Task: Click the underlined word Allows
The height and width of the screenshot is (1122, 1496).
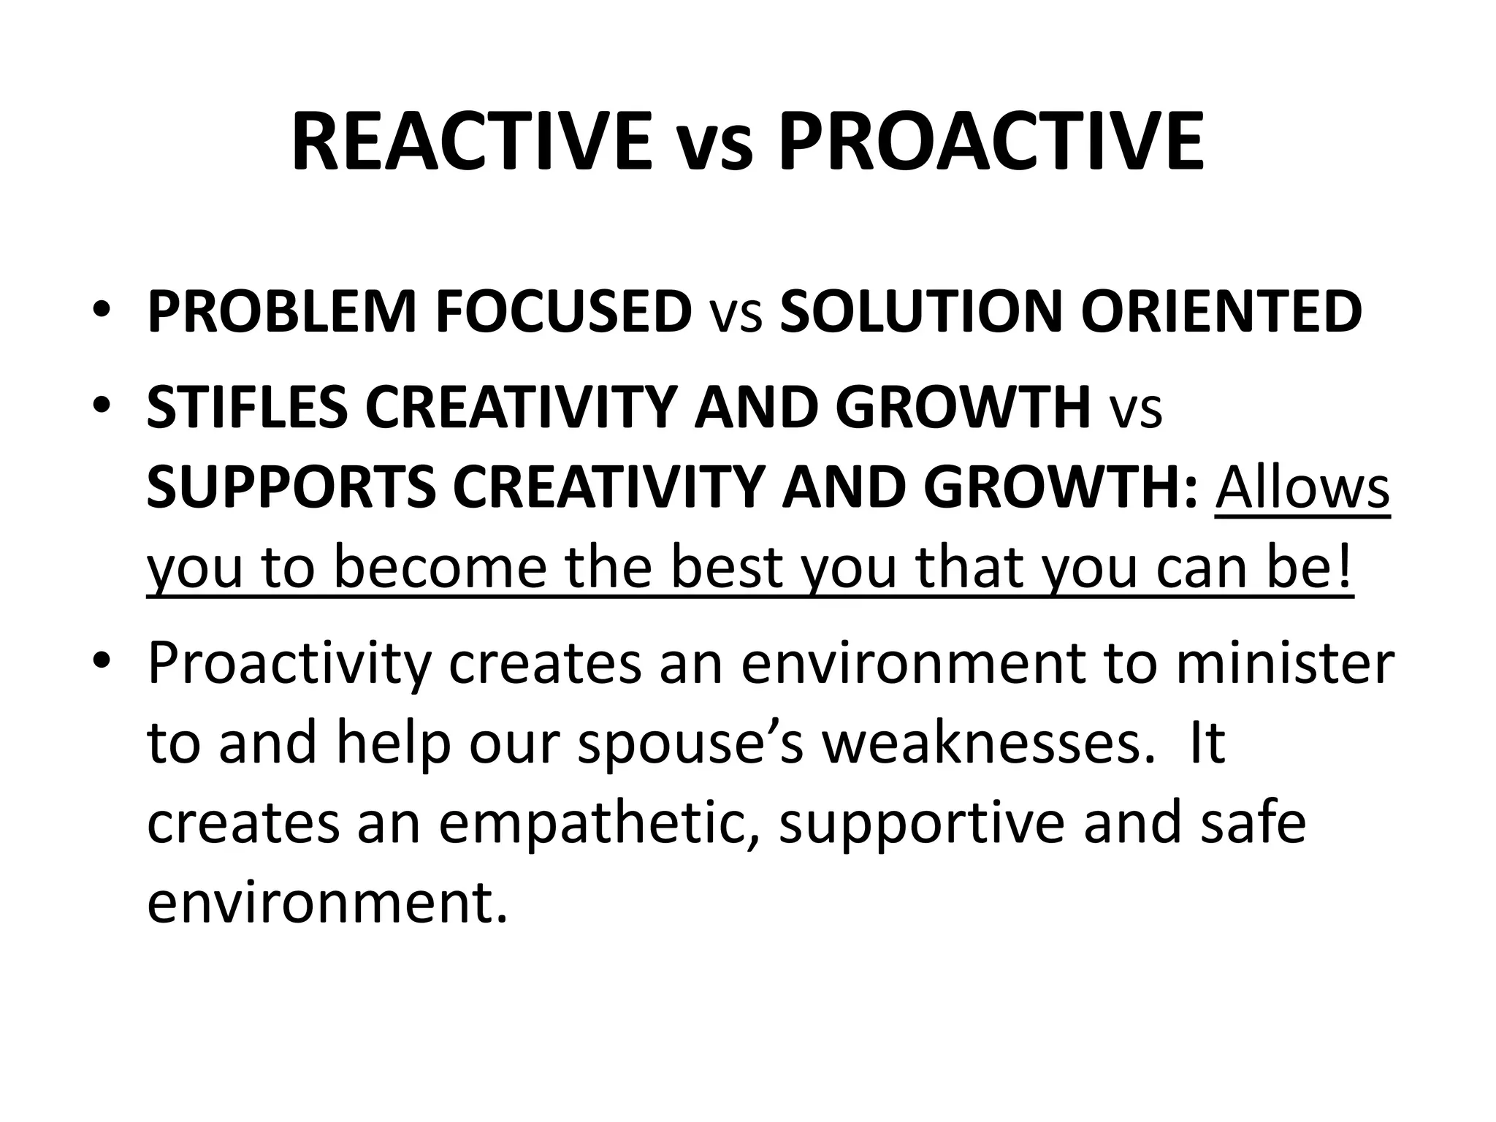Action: [1302, 488]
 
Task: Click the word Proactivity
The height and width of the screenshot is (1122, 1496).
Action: [289, 665]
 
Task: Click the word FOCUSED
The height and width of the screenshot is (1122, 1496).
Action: [563, 312]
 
